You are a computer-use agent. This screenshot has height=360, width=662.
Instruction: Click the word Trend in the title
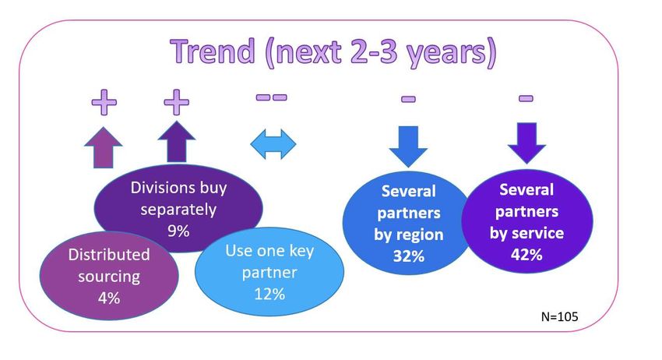click(213, 51)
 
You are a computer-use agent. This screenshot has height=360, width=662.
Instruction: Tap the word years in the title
click(450, 54)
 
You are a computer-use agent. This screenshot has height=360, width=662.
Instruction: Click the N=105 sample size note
click(559, 316)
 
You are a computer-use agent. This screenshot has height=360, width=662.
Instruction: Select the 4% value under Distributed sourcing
click(109, 298)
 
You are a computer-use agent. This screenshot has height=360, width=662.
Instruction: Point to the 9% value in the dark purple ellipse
click(178, 231)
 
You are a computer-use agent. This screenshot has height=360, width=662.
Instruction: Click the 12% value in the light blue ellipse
click(269, 294)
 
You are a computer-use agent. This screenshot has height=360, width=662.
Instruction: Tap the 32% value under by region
click(408, 256)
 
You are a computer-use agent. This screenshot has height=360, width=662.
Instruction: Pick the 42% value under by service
click(526, 254)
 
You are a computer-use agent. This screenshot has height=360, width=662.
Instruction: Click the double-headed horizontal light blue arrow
click(273, 144)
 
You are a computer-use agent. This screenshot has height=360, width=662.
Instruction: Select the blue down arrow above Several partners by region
click(408, 146)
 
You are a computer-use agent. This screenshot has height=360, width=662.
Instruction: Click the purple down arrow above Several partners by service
click(526, 143)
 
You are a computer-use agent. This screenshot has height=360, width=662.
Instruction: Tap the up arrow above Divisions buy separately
click(177, 142)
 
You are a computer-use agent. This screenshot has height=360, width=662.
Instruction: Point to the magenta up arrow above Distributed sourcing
click(104, 147)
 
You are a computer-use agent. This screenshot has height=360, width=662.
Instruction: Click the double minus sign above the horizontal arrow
click(272, 97)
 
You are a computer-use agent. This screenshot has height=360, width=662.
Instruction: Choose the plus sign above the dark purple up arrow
click(177, 102)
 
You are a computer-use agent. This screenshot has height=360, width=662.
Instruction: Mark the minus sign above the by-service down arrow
click(526, 98)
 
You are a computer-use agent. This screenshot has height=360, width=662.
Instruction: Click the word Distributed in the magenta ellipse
click(109, 254)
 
